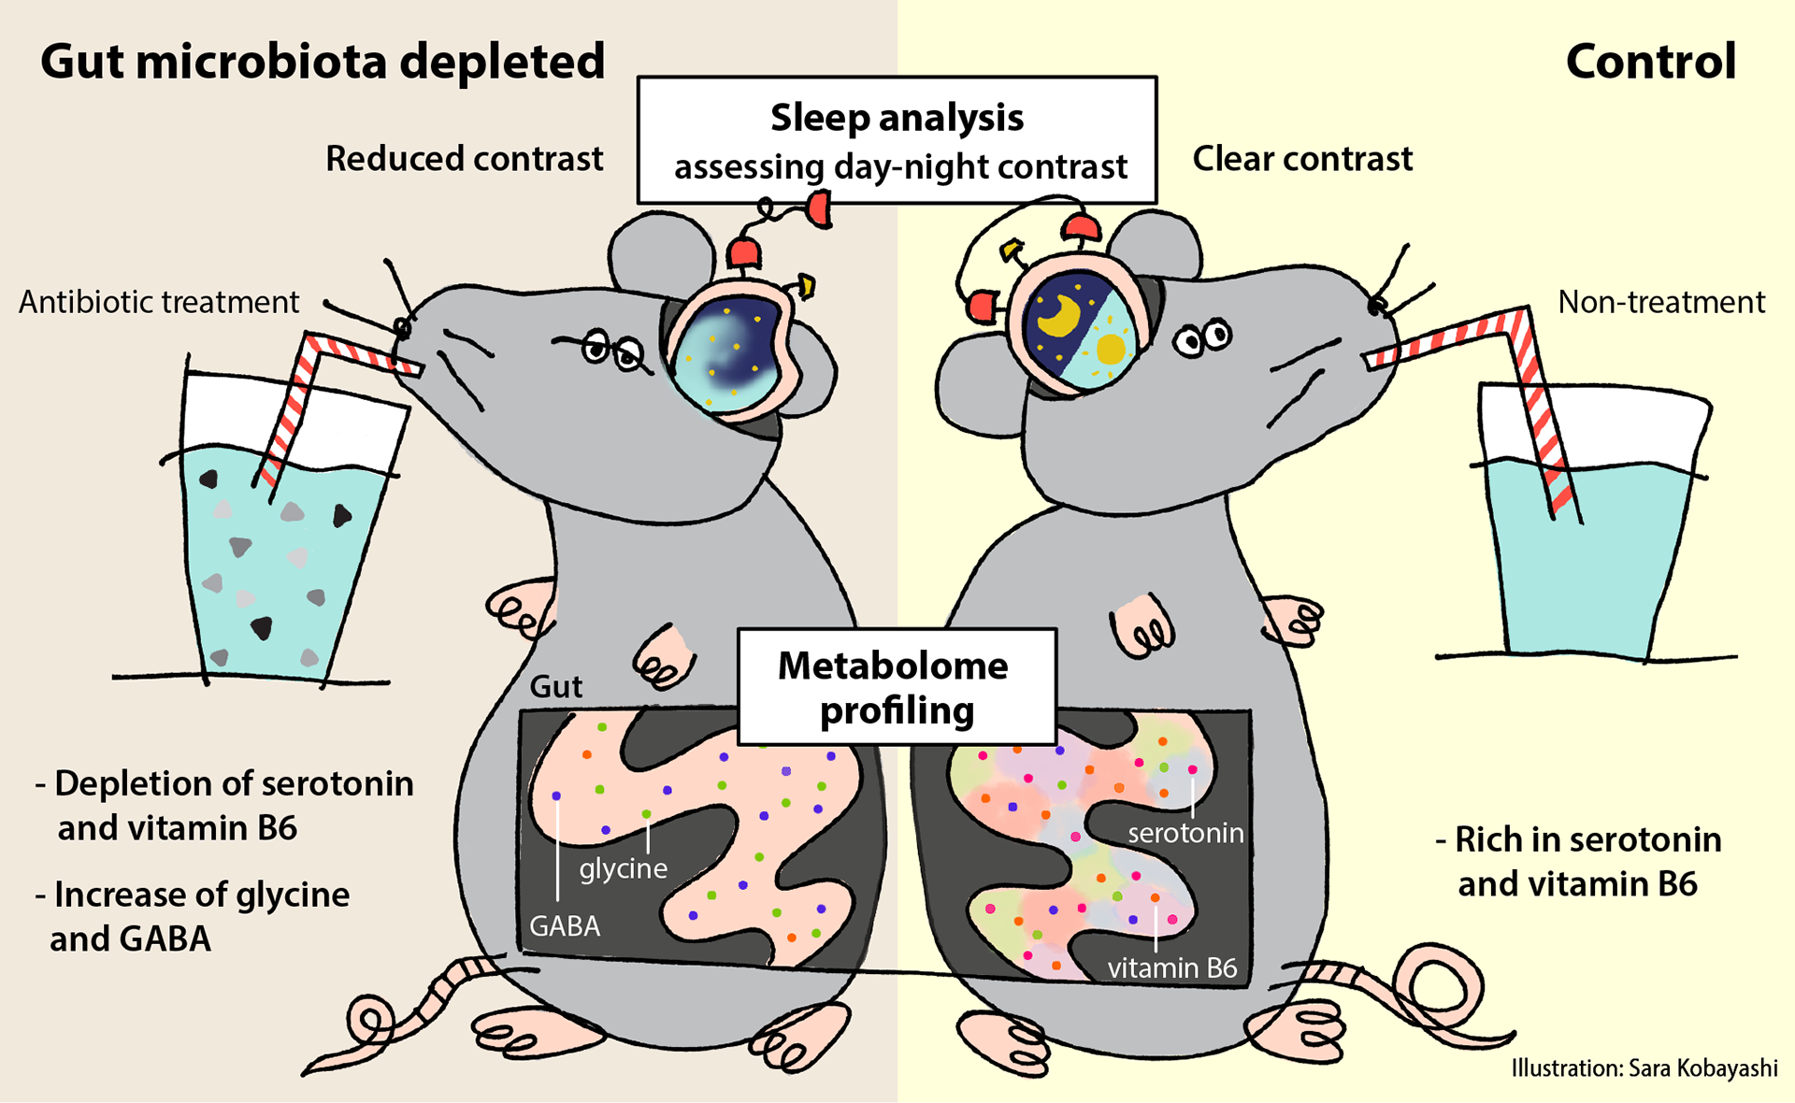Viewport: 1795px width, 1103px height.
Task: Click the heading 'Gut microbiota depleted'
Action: click(323, 62)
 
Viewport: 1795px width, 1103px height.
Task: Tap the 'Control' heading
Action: click(1650, 62)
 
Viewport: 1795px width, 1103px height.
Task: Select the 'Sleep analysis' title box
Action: click(897, 140)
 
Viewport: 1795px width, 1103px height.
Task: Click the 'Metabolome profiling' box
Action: click(897, 687)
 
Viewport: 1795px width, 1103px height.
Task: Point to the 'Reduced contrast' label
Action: click(464, 159)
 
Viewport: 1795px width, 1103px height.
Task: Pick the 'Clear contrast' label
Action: click(1301, 159)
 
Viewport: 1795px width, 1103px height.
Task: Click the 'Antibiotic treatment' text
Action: click(159, 302)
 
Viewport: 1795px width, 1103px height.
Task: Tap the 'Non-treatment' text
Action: click(1661, 302)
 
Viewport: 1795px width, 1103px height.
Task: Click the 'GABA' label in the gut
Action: click(565, 925)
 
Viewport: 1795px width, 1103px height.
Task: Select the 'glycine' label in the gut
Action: click(623, 868)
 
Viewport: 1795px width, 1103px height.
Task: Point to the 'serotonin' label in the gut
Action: click(1185, 832)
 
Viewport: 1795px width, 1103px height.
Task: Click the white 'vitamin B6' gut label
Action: click(1172, 967)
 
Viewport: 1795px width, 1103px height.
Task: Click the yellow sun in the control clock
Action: click(1111, 348)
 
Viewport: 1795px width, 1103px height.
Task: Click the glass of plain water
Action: click(1589, 551)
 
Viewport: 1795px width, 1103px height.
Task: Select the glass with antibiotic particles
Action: click(271, 551)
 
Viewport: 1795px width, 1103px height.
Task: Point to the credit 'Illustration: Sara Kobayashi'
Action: click(1644, 1068)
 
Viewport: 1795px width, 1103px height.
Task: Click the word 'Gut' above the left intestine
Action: click(555, 687)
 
